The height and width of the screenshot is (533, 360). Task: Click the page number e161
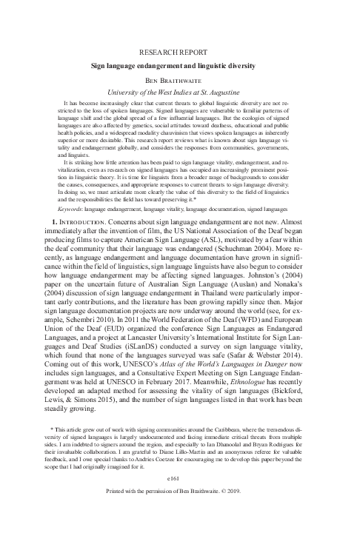coord(179,501)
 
